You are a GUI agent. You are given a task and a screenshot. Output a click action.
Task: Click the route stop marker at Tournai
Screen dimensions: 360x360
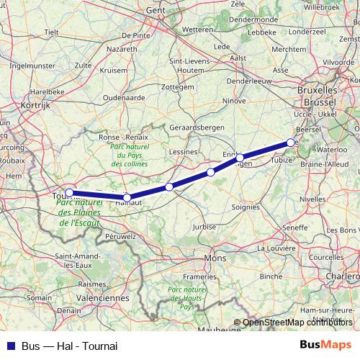coord(69,192)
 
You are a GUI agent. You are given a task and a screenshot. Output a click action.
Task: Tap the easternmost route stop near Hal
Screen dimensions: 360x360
coord(291,143)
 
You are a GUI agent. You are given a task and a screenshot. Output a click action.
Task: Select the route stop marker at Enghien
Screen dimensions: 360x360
coord(240,157)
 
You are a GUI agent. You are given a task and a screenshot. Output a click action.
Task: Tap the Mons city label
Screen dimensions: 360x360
coord(215,258)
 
